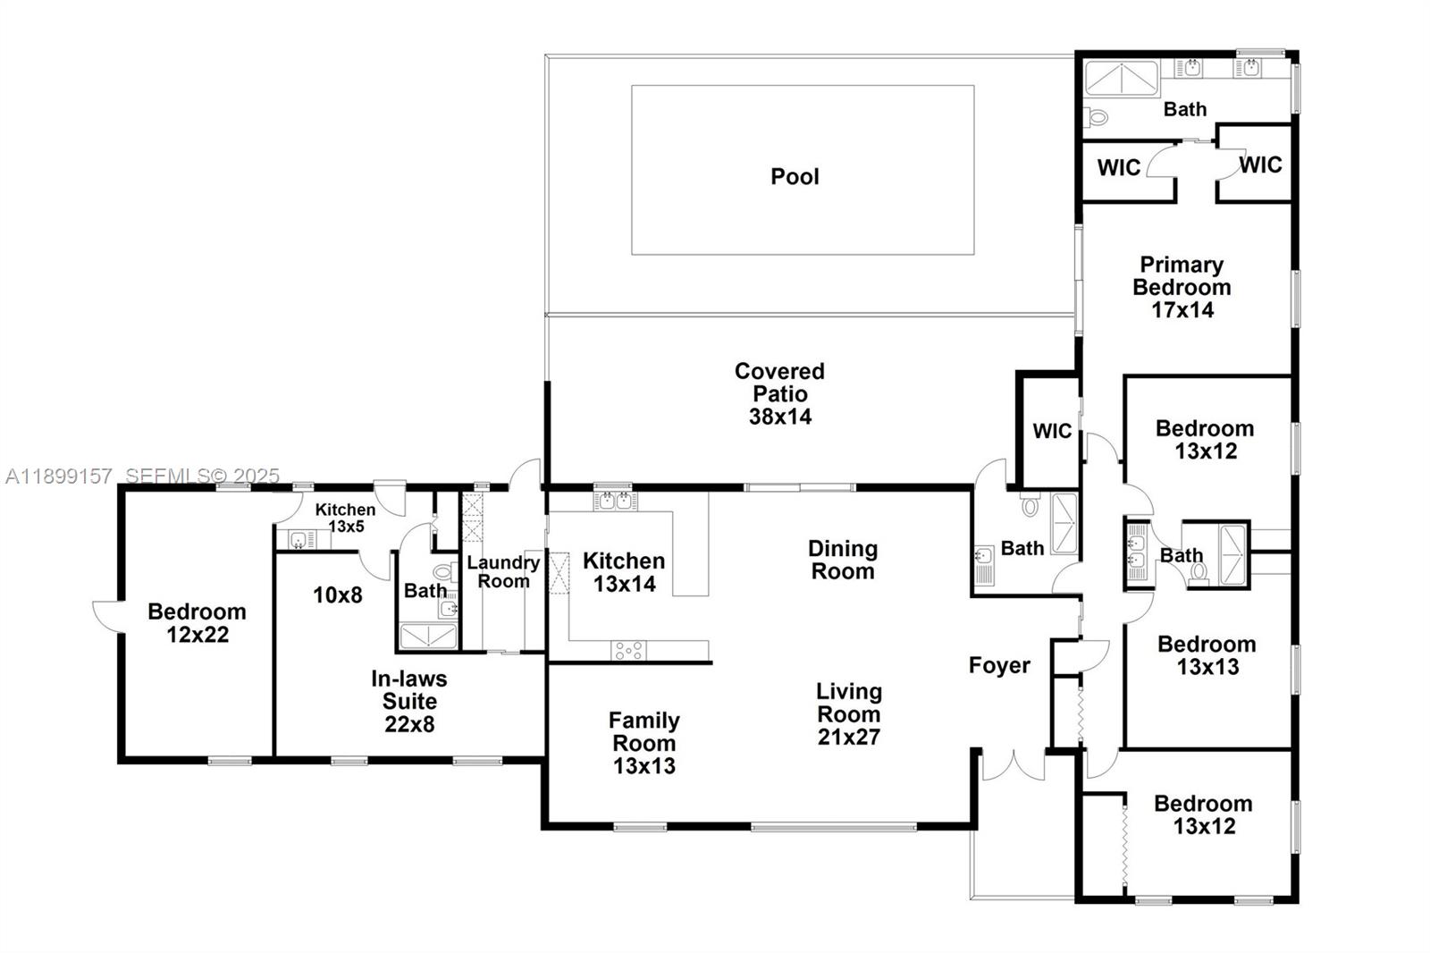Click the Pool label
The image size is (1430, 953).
point(795,176)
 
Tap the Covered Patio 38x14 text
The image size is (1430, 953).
point(779,393)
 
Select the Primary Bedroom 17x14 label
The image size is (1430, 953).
point(1182,287)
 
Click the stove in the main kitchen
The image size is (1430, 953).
point(627,650)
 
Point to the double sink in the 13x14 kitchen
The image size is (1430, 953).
point(615,501)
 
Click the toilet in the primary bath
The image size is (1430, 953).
point(1096,117)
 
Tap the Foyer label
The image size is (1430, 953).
point(999,665)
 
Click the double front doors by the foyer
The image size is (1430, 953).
point(1013,767)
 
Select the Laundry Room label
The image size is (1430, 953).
point(503,571)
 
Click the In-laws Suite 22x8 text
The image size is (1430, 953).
point(409,701)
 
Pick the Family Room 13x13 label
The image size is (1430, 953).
point(643,743)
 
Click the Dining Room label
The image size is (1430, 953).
point(842,560)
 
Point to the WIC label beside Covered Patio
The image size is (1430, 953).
point(1051,431)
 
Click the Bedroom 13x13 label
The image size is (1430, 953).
point(1207,654)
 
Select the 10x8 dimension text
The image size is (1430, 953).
point(337,595)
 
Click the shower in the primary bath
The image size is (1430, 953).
point(1121,79)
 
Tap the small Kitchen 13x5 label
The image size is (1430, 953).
point(345,518)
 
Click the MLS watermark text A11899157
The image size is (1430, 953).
point(59,476)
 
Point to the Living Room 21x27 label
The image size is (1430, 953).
point(848,713)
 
